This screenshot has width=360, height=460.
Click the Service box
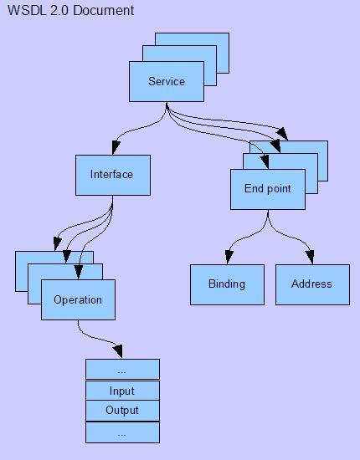coord(166,81)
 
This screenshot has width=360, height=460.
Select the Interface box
coord(112,175)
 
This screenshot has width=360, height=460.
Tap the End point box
coord(267,189)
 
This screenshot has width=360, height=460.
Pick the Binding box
coord(226,284)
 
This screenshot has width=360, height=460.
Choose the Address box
coord(311,284)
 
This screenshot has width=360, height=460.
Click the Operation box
coord(78,300)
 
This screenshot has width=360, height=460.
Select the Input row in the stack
coord(121,391)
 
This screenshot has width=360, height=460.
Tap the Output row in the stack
coord(121,411)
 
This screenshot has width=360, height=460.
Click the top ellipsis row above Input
coord(121,370)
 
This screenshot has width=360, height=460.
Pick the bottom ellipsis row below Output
coord(121,432)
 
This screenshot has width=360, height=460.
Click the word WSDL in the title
coord(25,11)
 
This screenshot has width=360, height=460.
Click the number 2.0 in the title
coord(59,11)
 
